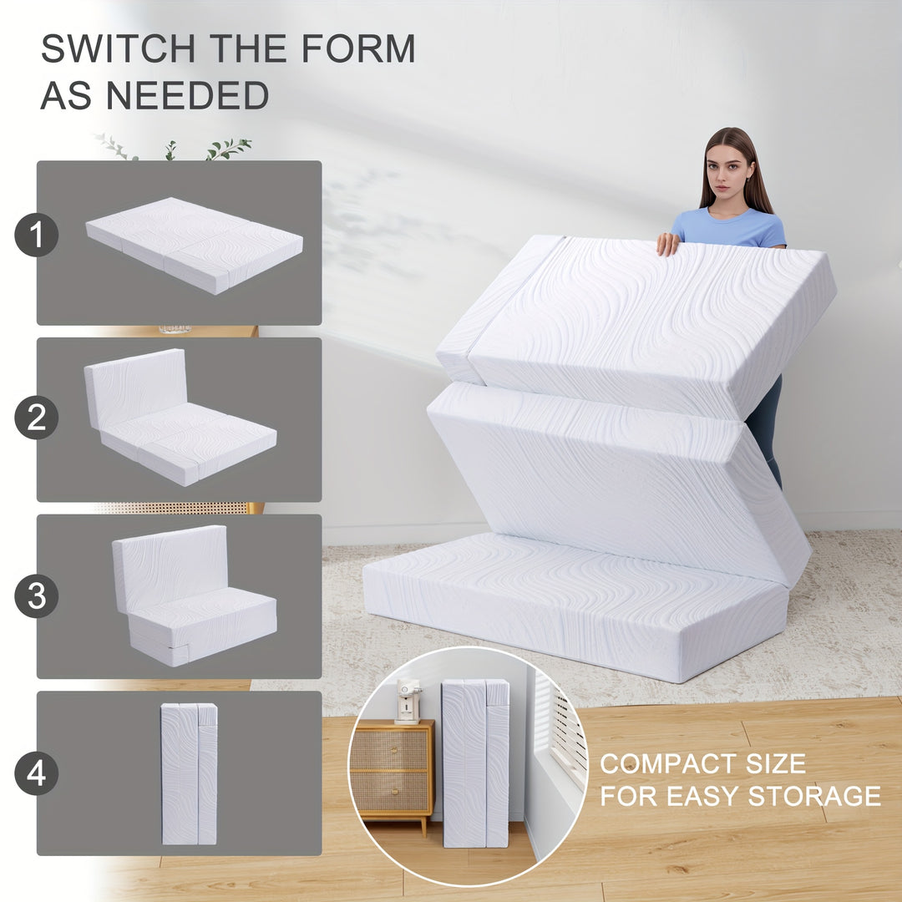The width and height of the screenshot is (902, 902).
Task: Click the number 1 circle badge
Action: click(x=36, y=235)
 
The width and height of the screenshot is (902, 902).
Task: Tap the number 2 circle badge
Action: click(x=36, y=418)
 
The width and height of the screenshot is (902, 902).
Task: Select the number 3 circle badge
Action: click(x=36, y=596)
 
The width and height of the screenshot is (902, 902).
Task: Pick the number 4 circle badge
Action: click(x=36, y=773)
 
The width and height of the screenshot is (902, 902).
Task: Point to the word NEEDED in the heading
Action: click(x=188, y=95)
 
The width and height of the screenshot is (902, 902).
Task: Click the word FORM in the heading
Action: click(x=358, y=48)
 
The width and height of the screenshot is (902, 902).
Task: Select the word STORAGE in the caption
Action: click(x=814, y=796)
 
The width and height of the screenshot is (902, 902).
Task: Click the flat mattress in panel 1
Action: click(x=195, y=245)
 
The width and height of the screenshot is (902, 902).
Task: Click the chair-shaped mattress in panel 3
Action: click(x=195, y=596)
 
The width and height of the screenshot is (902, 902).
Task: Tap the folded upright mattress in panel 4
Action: click(x=190, y=773)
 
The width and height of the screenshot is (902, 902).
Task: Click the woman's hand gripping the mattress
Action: click(x=667, y=243)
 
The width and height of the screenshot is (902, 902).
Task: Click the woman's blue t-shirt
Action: click(x=729, y=228)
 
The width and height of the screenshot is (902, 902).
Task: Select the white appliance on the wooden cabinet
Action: click(x=408, y=702)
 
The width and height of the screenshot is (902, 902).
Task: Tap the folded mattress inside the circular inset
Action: click(x=476, y=763)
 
